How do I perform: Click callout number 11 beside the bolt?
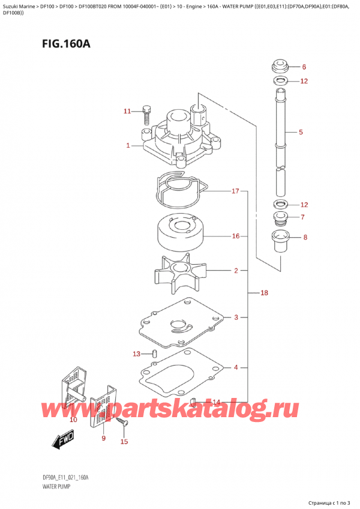[126, 111]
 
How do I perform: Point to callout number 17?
[236, 191]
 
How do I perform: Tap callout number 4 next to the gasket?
[236, 367]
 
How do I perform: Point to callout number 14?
[216, 402]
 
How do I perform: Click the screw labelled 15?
[123, 424]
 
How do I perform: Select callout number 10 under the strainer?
[73, 420]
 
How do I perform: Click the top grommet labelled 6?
[278, 65]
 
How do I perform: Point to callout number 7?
[304, 217]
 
